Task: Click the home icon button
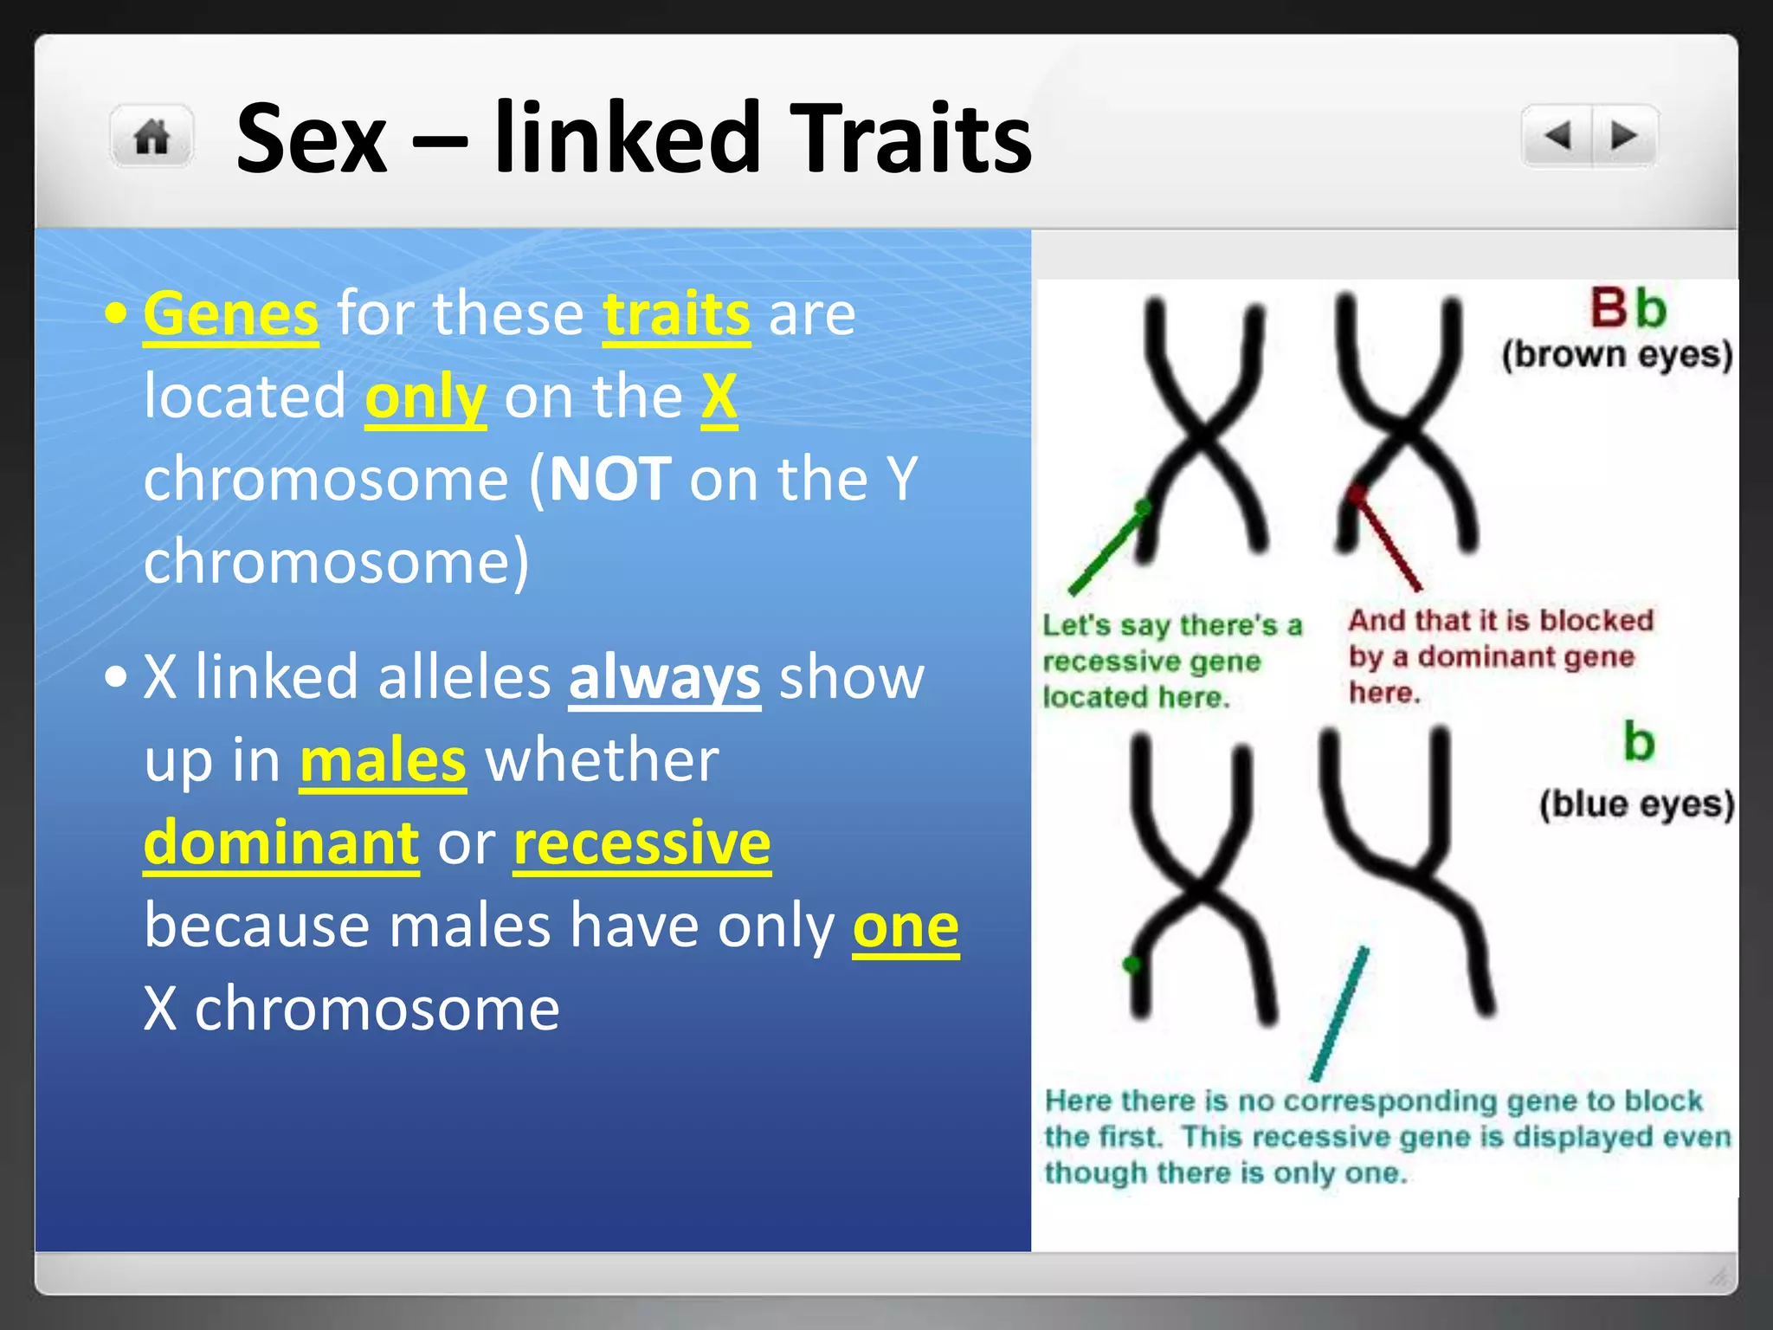152,137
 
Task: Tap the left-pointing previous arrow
1557,136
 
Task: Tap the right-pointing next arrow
1623,136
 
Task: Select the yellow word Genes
231,313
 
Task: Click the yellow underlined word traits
676,313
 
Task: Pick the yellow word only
425,397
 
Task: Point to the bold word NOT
610,479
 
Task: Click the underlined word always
664,677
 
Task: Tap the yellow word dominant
281,843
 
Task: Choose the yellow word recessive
642,843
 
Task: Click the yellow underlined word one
906,926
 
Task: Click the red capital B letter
1609,308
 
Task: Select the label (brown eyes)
1616,355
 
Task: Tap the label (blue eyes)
1636,804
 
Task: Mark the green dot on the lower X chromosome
1131,965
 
